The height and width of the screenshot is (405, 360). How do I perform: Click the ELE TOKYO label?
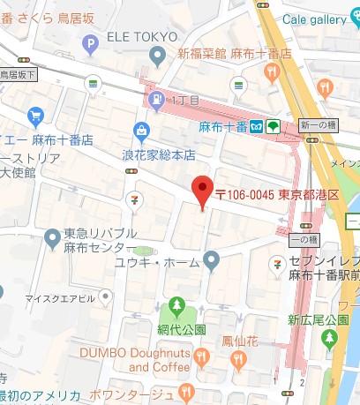pos(142,36)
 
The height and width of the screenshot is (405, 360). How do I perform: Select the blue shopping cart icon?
pos(36,115)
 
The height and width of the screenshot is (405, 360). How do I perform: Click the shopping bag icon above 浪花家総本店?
pos(141,131)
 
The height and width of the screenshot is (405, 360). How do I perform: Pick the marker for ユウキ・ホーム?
pos(211,259)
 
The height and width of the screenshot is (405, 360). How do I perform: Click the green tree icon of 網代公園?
pos(176,306)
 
